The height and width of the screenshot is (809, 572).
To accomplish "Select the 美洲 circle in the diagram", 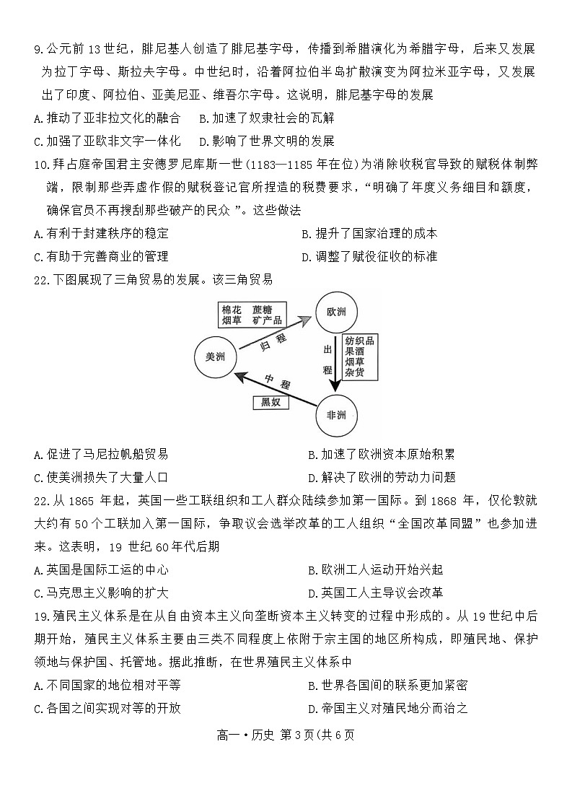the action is pyautogui.click(x=215, y=357).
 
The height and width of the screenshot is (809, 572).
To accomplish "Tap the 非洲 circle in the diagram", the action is pyautogui.click(x=337, y=415).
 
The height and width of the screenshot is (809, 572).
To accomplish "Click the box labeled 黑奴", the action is pyautogui.click(x=270, y=403).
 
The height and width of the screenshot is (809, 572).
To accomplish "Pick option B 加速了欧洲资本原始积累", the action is pyautogui.click(x=381, y=454).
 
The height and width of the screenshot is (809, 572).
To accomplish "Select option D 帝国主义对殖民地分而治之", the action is pyautogui.click(x=387, y=707).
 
